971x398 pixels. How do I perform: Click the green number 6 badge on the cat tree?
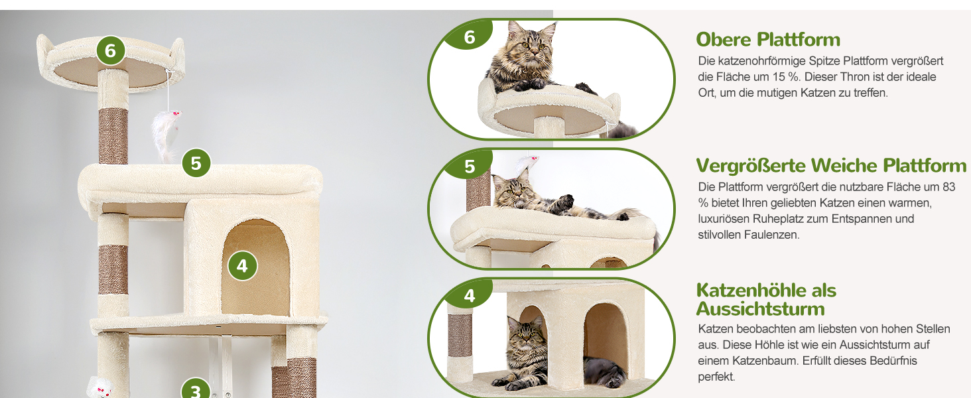pos(111,50)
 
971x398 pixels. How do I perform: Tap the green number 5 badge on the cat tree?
pos(196,163)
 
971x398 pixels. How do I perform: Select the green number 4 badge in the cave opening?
pos(242,266)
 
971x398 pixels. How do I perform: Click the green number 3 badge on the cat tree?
pos(196,390)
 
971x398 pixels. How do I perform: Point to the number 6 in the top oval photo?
pos(470,37)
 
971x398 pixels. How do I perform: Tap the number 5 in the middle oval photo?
pos(470,167)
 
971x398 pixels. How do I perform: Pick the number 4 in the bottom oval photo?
pos(470,296)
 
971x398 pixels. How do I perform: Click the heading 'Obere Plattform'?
pos(768,39)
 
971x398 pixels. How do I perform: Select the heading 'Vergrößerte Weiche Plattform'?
pos(831,166)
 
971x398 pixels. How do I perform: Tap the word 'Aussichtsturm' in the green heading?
pos(760,309)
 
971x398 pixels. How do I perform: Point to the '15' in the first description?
pos(779,77)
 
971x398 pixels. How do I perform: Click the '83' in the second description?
pos(949,187)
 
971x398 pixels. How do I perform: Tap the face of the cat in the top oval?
pos(531,46)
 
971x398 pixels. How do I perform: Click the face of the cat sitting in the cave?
pos(526,339)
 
